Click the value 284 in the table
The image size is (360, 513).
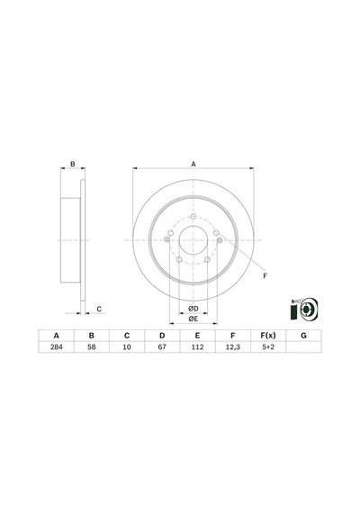click(x=57, y=346)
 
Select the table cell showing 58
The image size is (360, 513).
click(x=92, y=346)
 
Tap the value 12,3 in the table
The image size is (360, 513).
click(x=233, y=346)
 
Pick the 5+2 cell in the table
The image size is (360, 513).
click(x=268, y=346)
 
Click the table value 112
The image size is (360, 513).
click(x=197, y=346)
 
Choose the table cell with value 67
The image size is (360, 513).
click(x=162, y=346)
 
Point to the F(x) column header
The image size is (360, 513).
click(x=268, y=336)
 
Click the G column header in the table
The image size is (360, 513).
click(x=303, y=336)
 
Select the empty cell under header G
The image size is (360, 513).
click(x=303, y=346)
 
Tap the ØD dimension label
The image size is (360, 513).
click(x=193, y=309)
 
